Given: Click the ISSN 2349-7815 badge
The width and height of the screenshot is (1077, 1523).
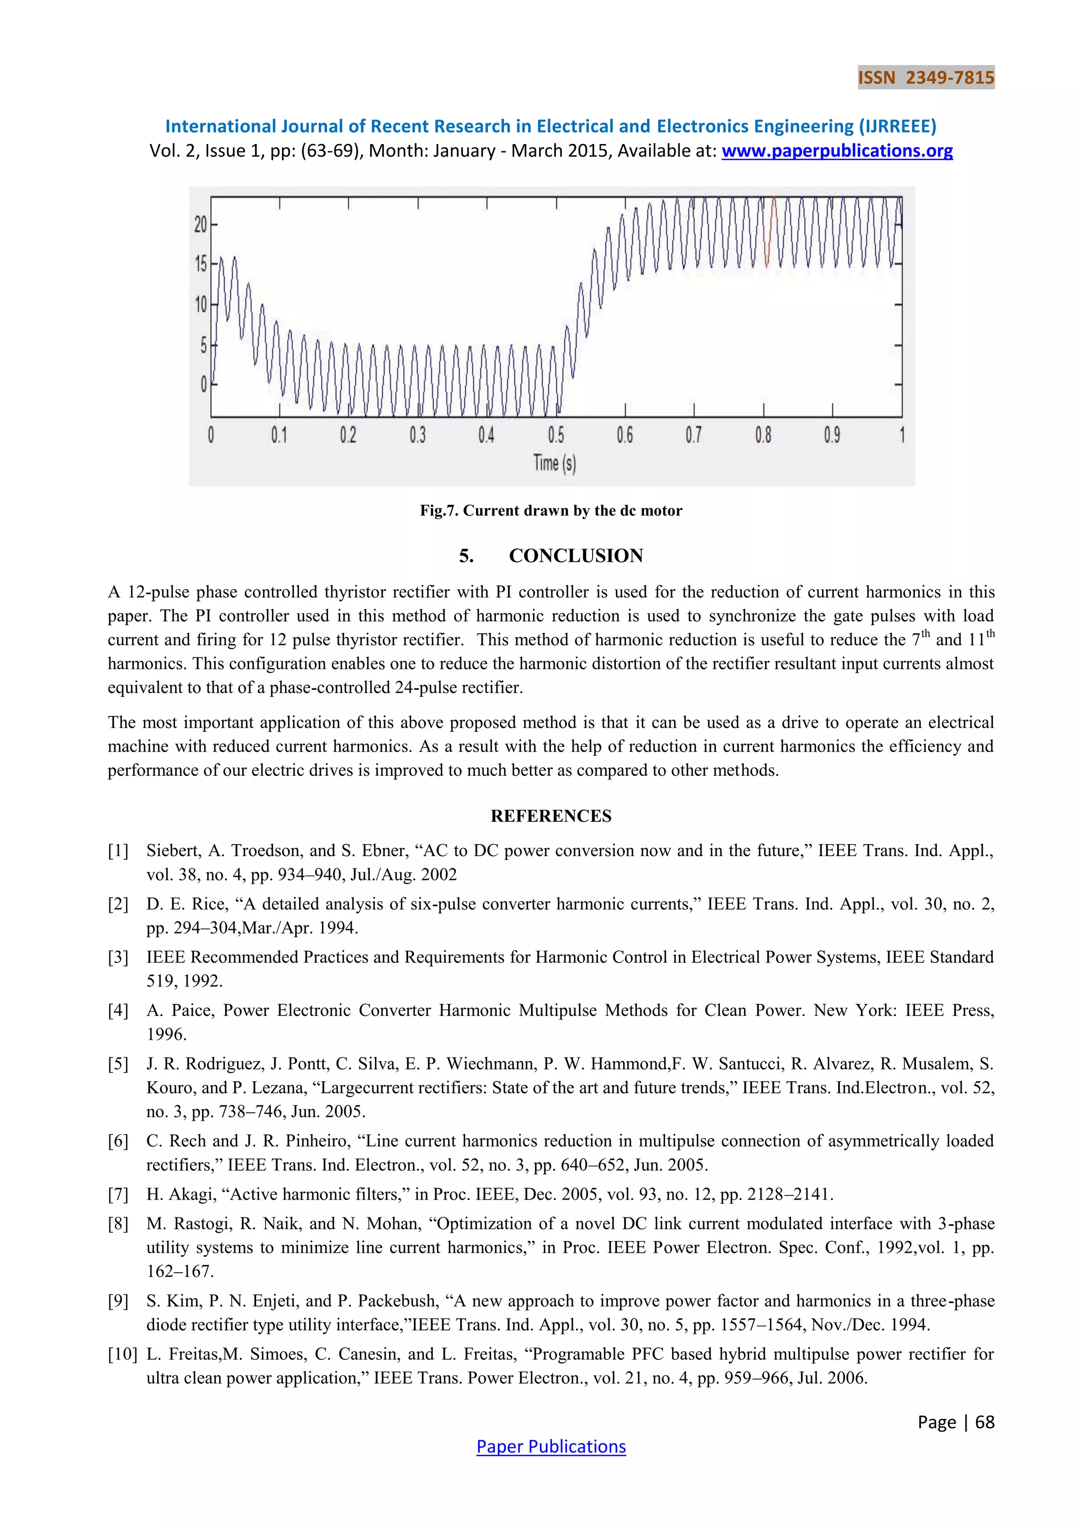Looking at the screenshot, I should tap(926, 78).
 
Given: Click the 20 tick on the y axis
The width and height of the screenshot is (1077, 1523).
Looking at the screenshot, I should tap(201, 225).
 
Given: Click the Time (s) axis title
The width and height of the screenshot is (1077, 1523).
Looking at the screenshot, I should tap(554, 463).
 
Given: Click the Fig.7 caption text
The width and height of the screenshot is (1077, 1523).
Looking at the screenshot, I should tap(551, 511).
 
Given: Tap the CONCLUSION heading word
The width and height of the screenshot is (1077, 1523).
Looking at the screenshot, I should tap(576, 556).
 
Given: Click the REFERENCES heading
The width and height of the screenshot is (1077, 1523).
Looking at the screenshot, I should tap(551, 816).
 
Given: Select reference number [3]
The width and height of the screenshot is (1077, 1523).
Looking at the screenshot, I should tap(118, 957).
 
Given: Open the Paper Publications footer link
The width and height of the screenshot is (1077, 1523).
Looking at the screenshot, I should tap(551, 1447).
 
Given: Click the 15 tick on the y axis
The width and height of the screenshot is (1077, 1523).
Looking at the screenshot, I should tap(201, 264).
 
